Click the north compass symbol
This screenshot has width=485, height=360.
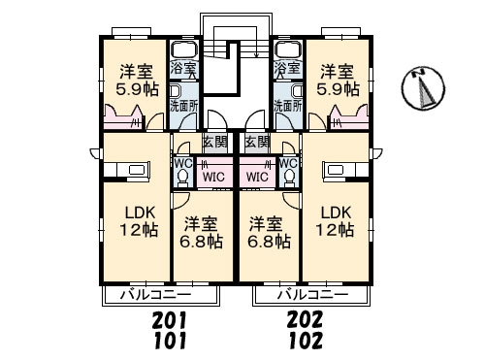pyautogui.click(x=423, y=88)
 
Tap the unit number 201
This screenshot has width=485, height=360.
pyautogui.click(x=170, y=319)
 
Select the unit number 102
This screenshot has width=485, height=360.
pyautogui.click(x=306, y=341)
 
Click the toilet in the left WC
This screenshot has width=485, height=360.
pyautogui.click(x=183, y=178)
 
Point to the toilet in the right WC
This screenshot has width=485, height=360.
pyautogui.click(x=289, y=178)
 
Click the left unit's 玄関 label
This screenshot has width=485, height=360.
pyautogui.click(x=215, y=142)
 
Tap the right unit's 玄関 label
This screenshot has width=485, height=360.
pyautogui.click(x=257, y=142)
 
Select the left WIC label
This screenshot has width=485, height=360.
pyautogui.click(x=213, y=177)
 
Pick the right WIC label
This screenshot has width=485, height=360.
pyautogui.click(x=257, y=177)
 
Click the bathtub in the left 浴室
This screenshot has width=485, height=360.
pyautogui.click(x=184, y=50)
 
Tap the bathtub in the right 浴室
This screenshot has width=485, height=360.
pyautogui.click(x=288, y=50)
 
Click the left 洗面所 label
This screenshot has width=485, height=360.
pyautogui.click(x=184, y=106)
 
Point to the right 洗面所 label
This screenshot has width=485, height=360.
pyautogui.click(x=288, y=106)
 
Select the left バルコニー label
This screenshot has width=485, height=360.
pyautogui.click(x=156, y=295)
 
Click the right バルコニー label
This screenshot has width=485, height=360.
pyautogui.click(x=313, y=295)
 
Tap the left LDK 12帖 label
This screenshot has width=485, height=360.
pyautogui.click(x=140, y=221)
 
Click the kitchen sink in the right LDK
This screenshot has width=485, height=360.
pyautogui.click(x=337, y=170)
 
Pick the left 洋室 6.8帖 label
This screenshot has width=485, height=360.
pyautogui.click(x=201, y=233)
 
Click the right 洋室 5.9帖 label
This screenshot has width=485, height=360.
pyautogui.click(x=338, y=81)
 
